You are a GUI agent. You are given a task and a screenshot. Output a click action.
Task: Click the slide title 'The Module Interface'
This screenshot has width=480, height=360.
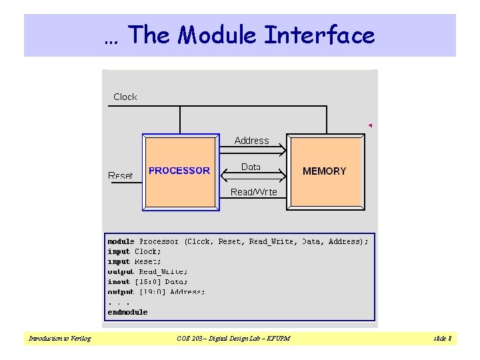(240, 35)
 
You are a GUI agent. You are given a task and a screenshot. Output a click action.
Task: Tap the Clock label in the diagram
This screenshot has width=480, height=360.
(125, 97)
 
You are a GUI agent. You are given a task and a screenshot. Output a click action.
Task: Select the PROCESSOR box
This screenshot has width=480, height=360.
(181, 171)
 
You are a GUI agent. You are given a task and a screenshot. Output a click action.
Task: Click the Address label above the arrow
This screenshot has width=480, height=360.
(251, 141)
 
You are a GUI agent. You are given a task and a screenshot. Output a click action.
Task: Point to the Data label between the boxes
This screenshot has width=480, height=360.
(251, 167)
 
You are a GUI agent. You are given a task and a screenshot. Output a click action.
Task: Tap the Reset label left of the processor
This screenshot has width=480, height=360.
(120, 175)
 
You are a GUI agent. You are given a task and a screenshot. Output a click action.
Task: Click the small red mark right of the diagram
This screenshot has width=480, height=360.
(370, 125)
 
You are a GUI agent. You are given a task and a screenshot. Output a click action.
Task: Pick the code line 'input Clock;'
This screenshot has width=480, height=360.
(134, 251)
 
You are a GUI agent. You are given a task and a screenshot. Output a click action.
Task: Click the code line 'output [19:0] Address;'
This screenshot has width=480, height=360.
(156, 291)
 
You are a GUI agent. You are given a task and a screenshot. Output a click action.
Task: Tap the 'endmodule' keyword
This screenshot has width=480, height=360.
(127, 311)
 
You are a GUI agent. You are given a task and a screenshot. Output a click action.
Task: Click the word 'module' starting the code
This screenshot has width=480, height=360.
(121, 241)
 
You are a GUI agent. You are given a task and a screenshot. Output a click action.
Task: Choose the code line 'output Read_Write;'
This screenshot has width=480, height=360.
(147, 271)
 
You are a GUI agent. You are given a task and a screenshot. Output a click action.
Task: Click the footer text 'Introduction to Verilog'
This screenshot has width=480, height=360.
(59, 339)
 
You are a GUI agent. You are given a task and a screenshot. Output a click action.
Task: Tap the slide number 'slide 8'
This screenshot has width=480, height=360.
(442, 339)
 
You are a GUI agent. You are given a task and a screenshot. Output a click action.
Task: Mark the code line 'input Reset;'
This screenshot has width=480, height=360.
(134, 261)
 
